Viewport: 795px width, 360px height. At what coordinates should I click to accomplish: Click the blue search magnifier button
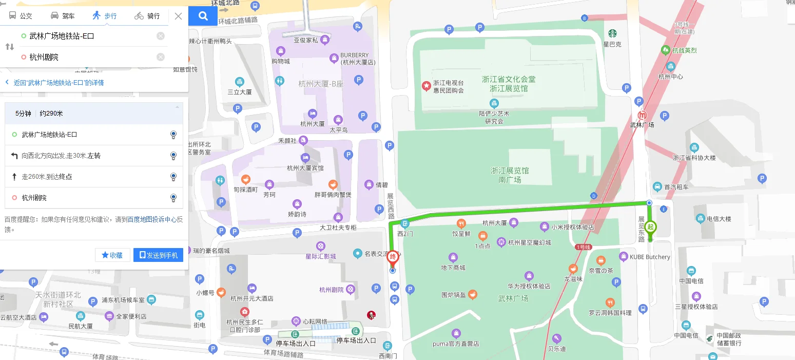[203, 16]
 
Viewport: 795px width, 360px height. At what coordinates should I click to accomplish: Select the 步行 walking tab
[105, 16]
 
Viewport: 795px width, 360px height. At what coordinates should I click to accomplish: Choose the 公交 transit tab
[21, 16]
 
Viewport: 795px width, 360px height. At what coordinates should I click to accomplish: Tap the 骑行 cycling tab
[147, 16]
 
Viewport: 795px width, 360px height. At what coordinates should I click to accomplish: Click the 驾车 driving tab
[63, 16]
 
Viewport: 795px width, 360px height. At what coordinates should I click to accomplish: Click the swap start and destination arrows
[10, 47]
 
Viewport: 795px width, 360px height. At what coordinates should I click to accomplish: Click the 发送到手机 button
[158, 255]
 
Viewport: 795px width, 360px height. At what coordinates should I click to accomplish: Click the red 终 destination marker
[393, 256]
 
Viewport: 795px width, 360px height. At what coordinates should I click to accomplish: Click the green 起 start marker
[651, 227]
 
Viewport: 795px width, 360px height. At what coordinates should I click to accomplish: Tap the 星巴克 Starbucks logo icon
[612, 33]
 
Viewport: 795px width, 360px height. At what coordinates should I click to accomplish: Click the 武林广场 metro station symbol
[642, 116]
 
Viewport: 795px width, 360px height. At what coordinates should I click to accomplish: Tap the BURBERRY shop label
[354, 55]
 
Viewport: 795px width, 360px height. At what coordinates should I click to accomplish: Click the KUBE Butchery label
[650, 257]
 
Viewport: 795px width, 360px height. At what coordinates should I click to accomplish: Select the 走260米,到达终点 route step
[94, 177]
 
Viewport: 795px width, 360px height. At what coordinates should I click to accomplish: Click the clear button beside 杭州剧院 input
[161, 57]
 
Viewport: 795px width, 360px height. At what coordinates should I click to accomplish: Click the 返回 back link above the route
[54, 83]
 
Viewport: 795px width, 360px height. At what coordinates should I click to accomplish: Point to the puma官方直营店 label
[456, 344]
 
